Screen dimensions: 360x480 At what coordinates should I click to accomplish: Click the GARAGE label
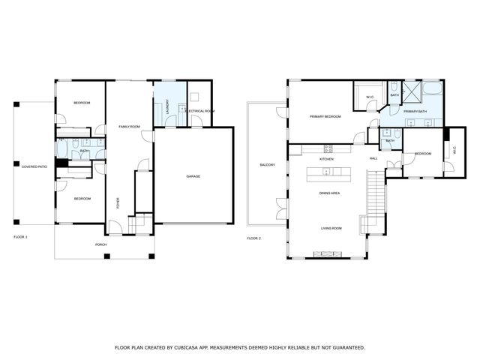point(193,176)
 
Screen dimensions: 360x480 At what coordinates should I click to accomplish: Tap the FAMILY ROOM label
point(130,127)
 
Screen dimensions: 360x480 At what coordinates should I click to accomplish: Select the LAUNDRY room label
point(167,106)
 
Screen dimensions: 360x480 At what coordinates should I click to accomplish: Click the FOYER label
point(117,202)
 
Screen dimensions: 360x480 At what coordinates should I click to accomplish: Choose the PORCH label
point(100,244)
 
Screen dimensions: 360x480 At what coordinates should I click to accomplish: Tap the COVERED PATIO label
point(34,166)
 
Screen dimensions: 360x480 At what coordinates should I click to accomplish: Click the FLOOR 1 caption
point(20,238)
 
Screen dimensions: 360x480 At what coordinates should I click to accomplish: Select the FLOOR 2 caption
point(253,238)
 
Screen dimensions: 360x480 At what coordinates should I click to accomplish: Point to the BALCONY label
point(267,164)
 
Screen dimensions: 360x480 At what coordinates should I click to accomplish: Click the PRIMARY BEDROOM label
point(326,117)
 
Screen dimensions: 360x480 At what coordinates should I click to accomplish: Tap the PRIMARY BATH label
point(414,112)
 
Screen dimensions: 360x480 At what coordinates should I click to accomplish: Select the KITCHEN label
point(327,159)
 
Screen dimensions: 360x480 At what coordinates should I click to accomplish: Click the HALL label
point(373,159)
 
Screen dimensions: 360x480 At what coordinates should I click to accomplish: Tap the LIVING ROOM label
point(331,228)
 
